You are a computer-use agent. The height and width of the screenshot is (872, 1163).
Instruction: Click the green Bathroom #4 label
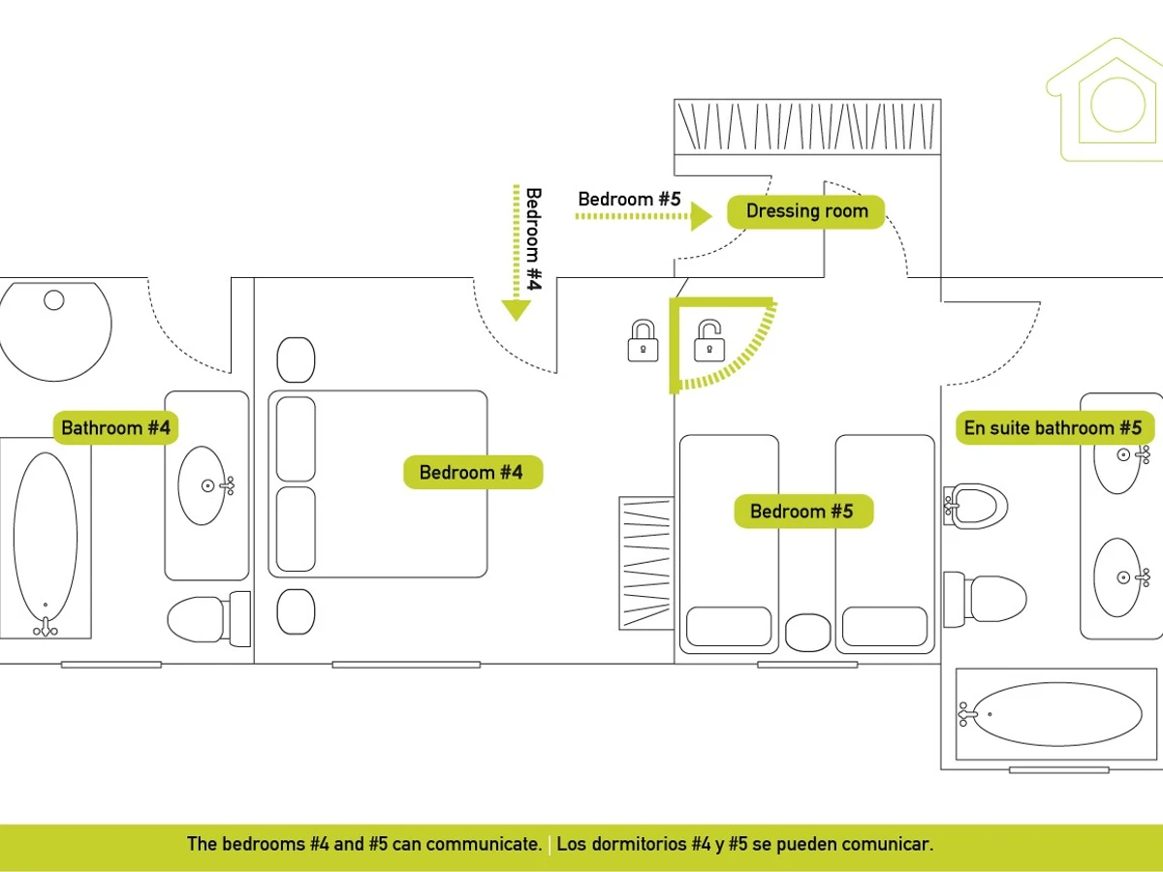[x=115, y=427]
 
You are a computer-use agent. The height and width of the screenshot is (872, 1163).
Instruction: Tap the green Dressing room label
[x=806, y=211]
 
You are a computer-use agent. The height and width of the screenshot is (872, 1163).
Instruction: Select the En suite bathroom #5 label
[x=1053, y=427]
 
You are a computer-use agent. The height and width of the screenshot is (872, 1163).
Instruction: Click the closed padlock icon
[x=643, y=341]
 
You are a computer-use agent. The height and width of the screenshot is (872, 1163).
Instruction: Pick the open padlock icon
[x=709, y=341]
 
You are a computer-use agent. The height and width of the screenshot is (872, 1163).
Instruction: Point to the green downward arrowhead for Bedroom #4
[x=517, y=310]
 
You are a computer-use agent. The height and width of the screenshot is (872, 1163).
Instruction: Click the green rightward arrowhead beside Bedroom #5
[x=702, y=217]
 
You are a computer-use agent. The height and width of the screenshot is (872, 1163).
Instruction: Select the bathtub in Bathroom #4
[x=46, y=538]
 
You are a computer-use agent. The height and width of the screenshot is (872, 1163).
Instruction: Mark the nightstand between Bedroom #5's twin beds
[x=808, y=633]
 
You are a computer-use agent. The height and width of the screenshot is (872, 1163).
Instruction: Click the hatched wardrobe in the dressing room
[x=806, y=125]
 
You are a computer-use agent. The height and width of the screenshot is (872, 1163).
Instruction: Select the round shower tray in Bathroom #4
[x=54, y=330]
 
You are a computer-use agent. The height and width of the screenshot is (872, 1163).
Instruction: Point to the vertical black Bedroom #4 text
[x=534, y=238]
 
